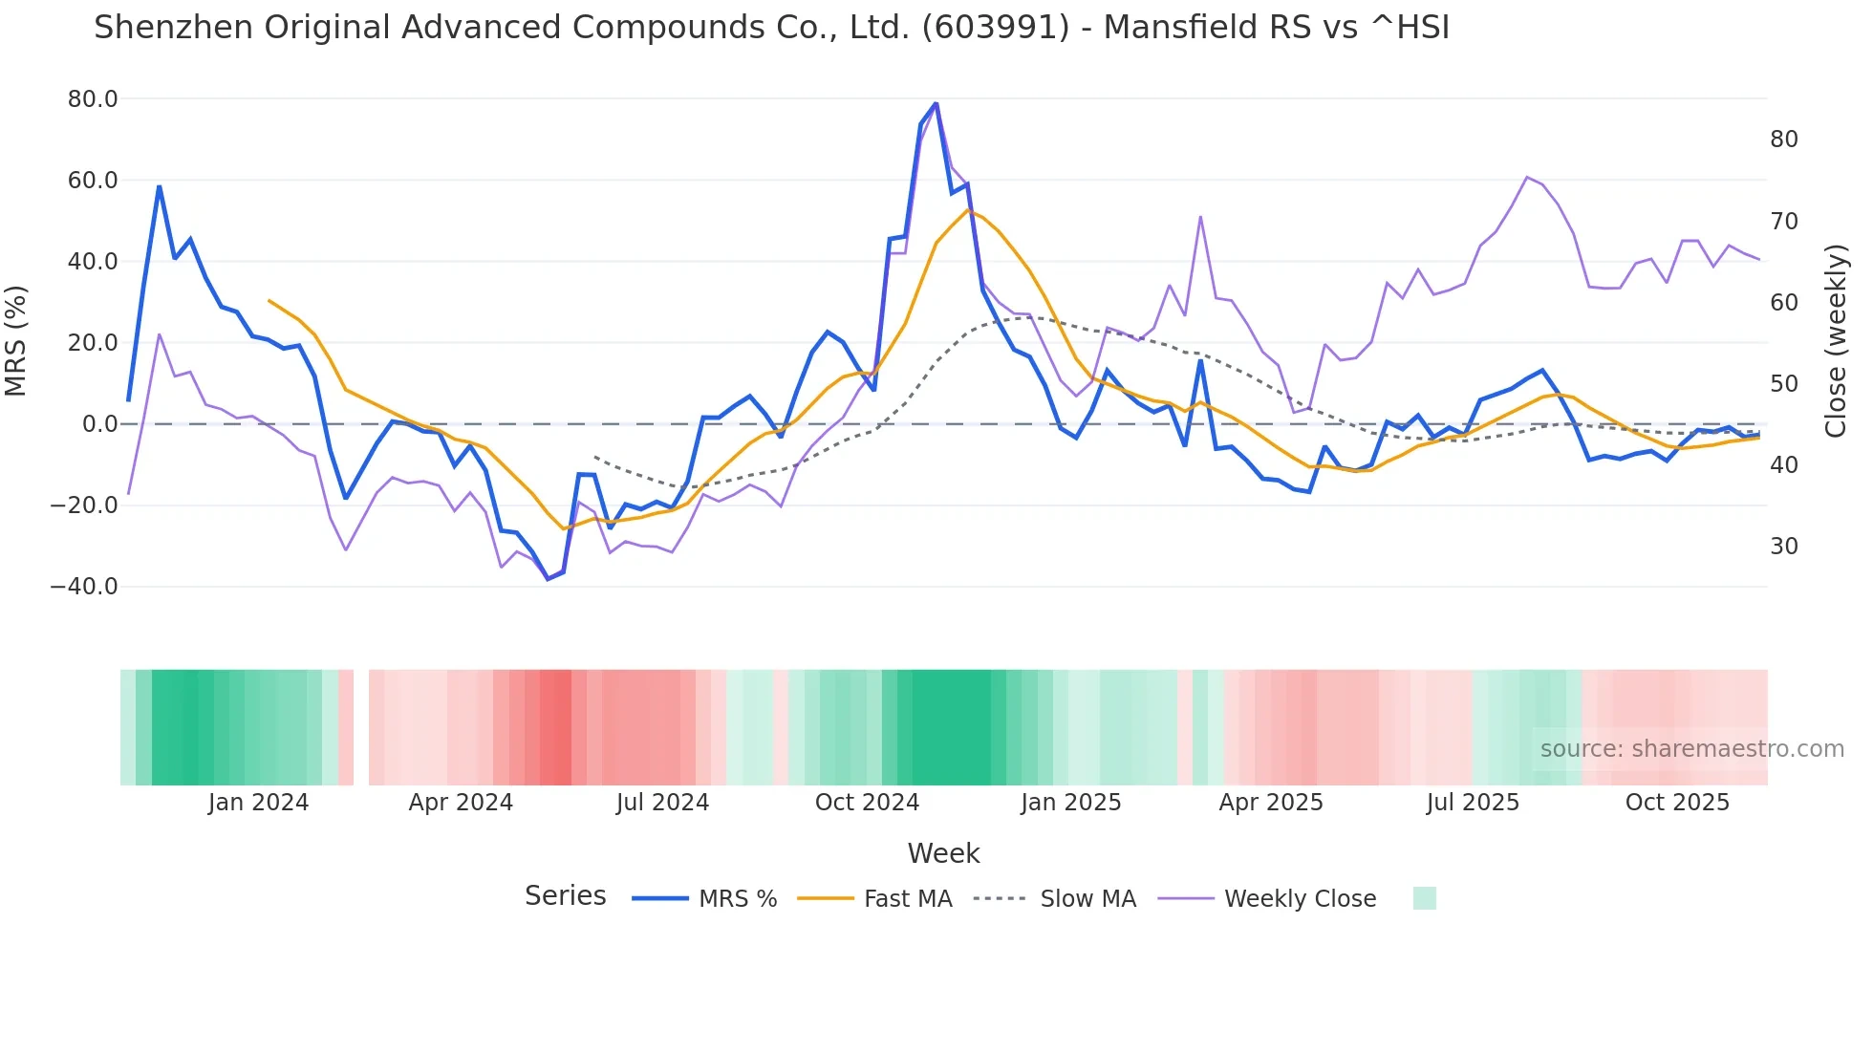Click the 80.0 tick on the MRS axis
pos(92,99)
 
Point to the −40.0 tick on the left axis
pos(84,587)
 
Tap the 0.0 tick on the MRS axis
pos(99,424)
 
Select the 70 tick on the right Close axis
pos(1783,222)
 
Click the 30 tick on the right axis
pos(1783,547)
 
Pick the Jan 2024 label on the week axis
pos(258,803)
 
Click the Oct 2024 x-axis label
pos(867,803)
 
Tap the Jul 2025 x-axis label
pos(1473,803)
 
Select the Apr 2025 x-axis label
pos(1271,803)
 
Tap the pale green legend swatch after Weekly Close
pos(1424,899)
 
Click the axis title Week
pos(943,853)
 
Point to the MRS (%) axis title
pos(16,341)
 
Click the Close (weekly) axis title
pos(1836,341)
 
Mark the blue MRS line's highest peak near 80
pos(936,103)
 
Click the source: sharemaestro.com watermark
pos(1691,749)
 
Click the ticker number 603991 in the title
pos(995,28)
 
